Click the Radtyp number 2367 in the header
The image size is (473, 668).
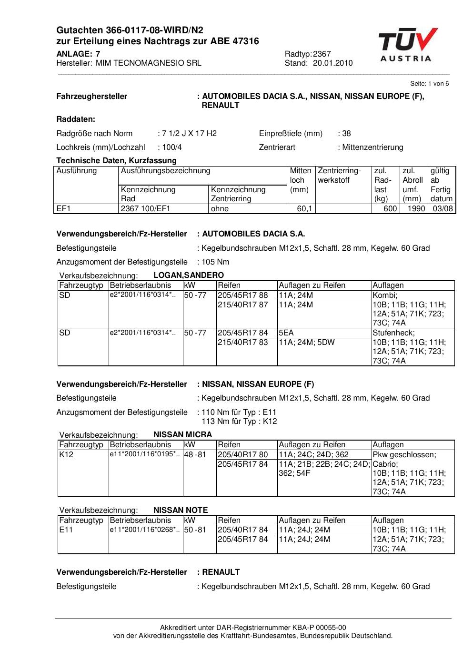tap(322, 54)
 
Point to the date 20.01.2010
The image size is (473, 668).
tap(333, 63)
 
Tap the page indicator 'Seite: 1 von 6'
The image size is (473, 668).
tap(429, 84)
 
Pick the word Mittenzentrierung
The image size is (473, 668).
tap(372, 147)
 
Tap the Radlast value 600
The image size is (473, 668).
tap(390, 209)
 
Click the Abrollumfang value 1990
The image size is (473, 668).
tap(416, 209)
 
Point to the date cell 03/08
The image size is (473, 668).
tap(442, 209)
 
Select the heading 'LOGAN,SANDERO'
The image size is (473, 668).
tap(189, 275)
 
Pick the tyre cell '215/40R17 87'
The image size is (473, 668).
tap(243, 305)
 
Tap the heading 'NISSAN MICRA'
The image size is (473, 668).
tap(183, 435)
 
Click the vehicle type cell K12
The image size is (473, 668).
tap(65, 455)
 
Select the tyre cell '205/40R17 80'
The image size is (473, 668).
tap(243, 455)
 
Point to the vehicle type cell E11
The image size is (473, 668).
tap(66, 530)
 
